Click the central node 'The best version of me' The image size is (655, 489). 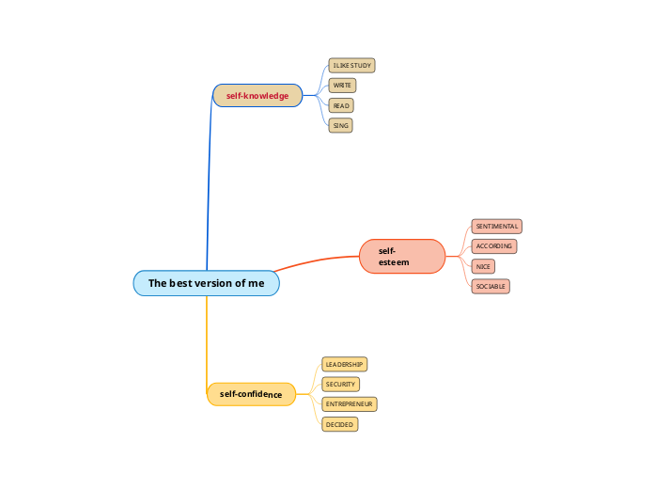click(206, 283)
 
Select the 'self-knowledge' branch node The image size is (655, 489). click(257, 95)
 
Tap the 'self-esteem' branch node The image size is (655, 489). click(401, 257)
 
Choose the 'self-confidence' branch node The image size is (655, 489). click(251, 394)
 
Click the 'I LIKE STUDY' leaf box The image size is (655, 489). click(351, 66)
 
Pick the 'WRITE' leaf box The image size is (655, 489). click(342, 86)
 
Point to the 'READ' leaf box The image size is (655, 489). click(341, 105)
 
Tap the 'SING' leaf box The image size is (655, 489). click(340, 125)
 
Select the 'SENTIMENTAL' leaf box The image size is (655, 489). click(495, 227)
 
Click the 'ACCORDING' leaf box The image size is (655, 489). click(494, 246)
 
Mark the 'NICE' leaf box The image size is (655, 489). click(483, 266)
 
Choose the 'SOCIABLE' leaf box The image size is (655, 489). click(491, 286)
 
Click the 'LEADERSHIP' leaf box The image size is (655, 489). click(344, 364)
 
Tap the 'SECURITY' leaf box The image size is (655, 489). click(340, 384)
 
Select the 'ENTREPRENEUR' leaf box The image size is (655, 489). click(349, 403)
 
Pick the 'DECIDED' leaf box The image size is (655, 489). click(339, 424)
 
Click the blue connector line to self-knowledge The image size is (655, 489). click(208, 188)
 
